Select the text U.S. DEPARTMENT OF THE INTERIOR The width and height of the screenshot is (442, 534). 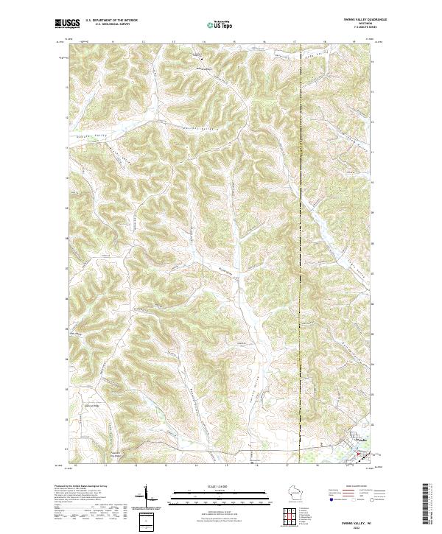coord(111,21)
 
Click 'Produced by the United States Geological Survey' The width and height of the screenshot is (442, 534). coord(81,486)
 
